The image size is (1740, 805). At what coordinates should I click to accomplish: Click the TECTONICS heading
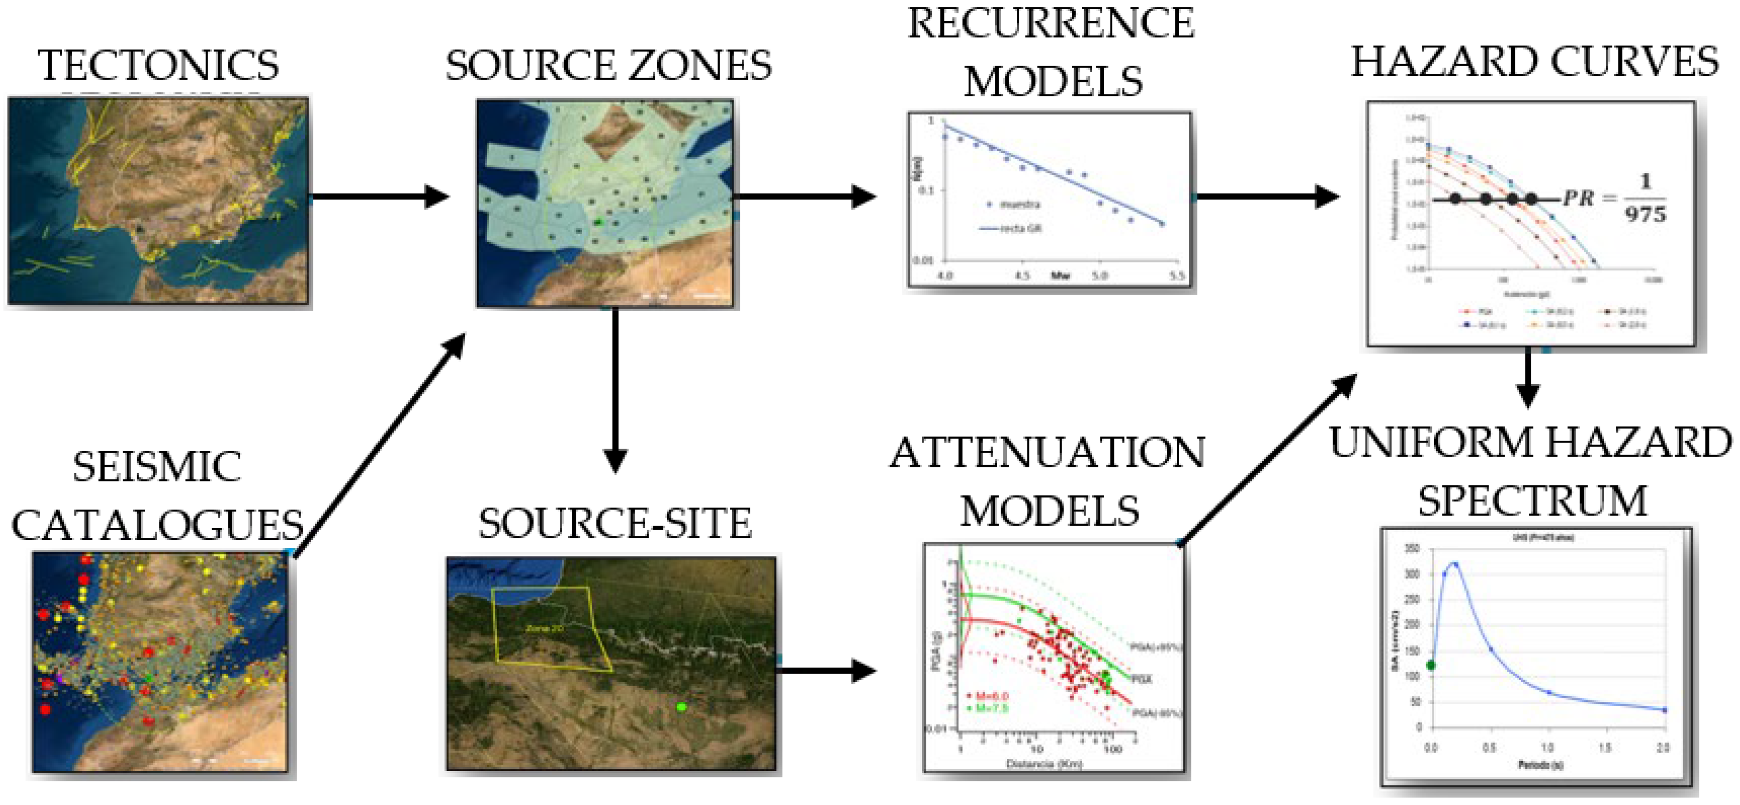158,65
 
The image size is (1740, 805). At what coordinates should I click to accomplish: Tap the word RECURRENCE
1051,24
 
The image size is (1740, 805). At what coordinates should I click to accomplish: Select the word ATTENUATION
1047,453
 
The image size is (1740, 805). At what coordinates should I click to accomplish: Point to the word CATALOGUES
158,525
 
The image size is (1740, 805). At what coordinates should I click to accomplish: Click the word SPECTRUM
1532,501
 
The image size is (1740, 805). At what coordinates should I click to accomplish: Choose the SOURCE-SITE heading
615,524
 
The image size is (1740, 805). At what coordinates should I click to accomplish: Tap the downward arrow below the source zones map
615,392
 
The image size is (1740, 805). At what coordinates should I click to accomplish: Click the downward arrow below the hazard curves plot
1528,378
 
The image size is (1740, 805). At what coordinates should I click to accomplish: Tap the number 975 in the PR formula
1645,215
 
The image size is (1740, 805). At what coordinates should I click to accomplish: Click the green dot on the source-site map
681,706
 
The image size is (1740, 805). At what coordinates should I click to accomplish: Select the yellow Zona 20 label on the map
544,628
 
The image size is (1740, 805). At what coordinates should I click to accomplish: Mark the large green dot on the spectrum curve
1431,665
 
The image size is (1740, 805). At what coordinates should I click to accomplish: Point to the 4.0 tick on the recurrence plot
945,276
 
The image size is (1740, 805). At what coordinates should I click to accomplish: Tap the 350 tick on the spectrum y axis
1412,549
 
